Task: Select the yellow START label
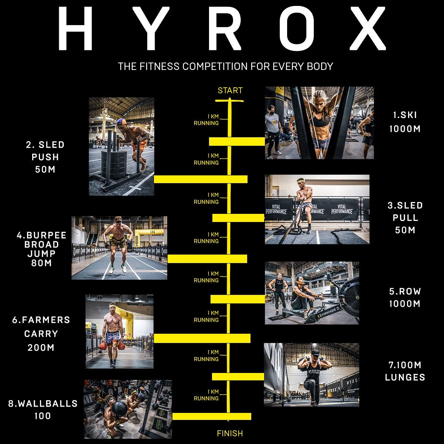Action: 230,91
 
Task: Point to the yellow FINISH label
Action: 230,433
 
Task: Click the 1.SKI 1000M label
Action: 405,122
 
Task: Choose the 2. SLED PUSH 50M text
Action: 45,157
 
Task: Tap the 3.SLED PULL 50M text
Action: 405,218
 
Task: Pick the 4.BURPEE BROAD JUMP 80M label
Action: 41,249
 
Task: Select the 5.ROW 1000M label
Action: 405,297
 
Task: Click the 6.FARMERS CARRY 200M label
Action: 41,333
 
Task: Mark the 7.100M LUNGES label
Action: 405,371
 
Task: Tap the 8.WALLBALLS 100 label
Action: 43,409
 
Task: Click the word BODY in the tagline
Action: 320,67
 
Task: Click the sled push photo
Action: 121,146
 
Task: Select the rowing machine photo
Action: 312,293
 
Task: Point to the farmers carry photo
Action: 119,331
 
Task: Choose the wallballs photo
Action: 128,409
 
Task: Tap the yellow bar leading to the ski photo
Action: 237,141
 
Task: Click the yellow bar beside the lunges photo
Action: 238,377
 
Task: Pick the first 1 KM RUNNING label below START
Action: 206,120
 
